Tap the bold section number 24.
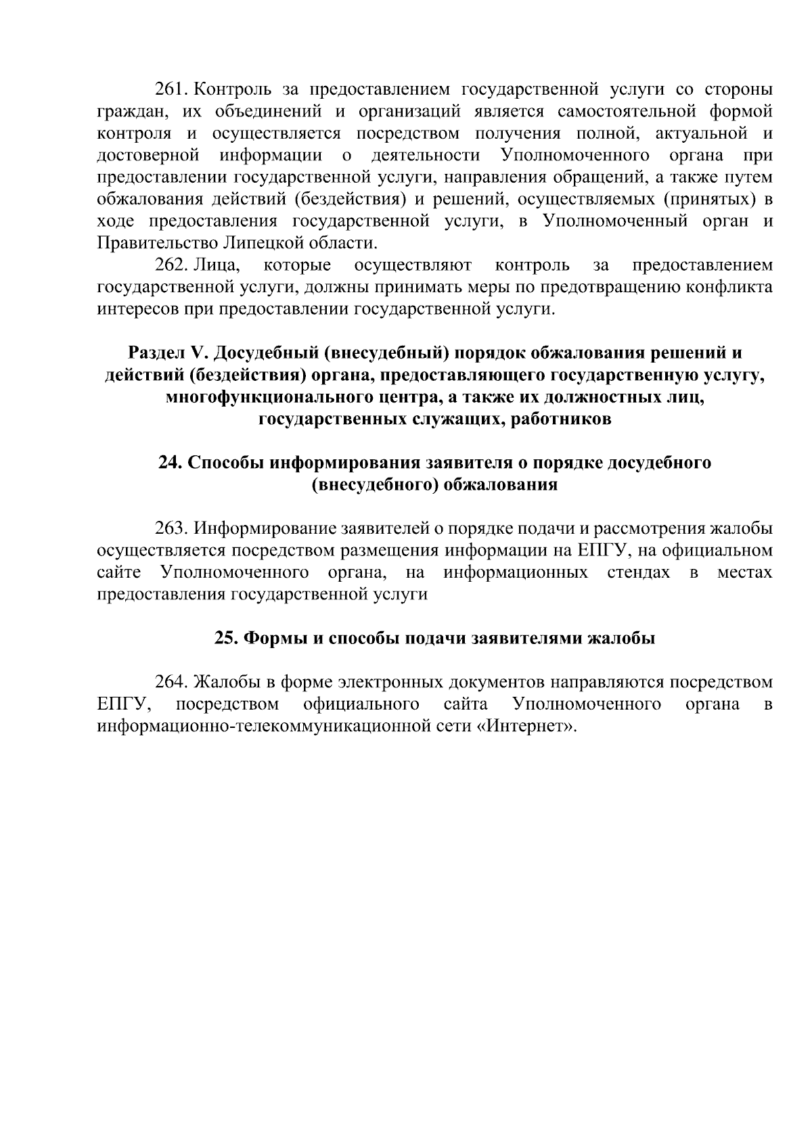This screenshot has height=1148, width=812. pyautogui.click(x=168, y=463)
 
